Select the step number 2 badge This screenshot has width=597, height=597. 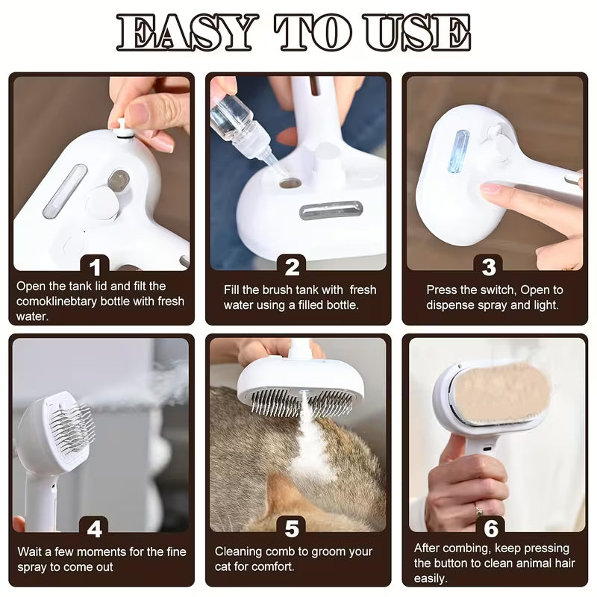coord(293,266)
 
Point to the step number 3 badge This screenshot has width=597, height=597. coord(489,266)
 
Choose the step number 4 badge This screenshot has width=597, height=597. coord(95,529)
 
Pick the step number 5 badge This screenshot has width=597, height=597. coord(293,529)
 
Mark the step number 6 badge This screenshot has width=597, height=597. coord(490,529)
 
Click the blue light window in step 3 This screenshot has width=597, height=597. coord(458,151)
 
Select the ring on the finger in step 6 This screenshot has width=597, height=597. coord(478,512)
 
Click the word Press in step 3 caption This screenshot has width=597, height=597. coord(443,290)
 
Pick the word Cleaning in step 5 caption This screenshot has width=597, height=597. coord(240,551)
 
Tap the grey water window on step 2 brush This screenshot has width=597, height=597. coord(331,210)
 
